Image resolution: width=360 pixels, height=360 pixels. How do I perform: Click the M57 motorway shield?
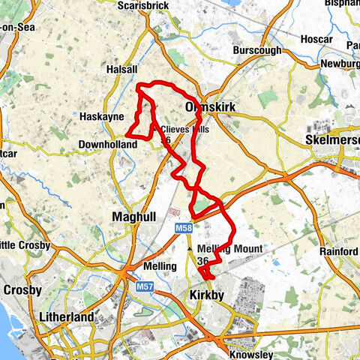click(145, 285)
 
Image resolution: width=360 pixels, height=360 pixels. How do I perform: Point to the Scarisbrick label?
click(145, 4)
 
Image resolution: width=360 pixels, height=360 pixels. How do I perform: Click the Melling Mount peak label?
click(231, 249)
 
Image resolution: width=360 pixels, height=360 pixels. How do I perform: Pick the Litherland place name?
click(68, 317)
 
